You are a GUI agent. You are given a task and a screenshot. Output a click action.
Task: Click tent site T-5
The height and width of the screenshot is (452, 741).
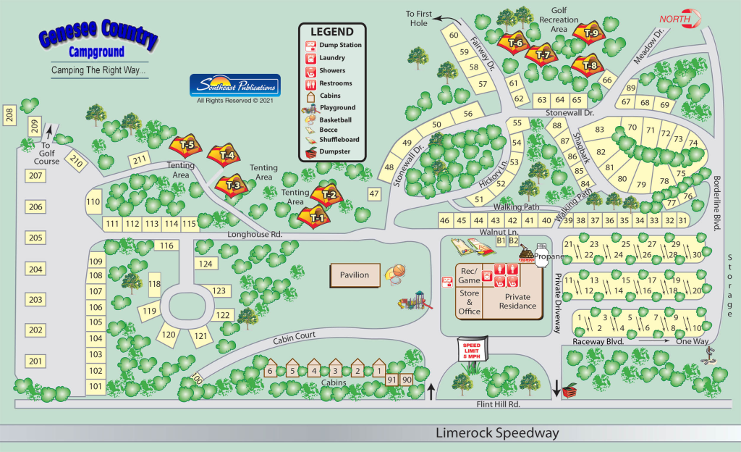tap(187, 145)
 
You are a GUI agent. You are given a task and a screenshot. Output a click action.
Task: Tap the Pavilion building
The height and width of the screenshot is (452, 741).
tap(355, 275)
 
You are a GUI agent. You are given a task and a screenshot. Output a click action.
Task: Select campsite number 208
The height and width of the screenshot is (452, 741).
tap(9, 114)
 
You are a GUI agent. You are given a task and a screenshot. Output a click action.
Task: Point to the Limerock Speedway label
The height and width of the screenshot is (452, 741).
tap(497, 433)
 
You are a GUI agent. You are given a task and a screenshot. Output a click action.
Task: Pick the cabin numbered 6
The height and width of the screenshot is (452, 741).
tap(270, 370)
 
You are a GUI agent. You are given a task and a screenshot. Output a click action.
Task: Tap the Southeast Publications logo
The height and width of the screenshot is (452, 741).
tap(234, 85)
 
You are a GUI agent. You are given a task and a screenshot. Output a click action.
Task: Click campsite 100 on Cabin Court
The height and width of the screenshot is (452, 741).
tap(198, 379)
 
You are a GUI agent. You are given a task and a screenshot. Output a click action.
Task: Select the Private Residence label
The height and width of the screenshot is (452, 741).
tap(521, 301)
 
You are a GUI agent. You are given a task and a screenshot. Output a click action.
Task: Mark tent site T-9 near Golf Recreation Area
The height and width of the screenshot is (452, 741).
tap(591, 32)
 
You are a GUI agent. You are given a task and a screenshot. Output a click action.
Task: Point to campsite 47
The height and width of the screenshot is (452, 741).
tap(373, 193)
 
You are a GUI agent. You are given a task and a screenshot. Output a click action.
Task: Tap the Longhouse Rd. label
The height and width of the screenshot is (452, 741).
tap(255, 235)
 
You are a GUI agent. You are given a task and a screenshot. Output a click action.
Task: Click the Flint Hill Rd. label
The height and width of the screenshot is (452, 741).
tap(499, 404)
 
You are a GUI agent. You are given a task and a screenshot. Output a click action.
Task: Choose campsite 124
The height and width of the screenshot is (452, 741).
tap(206, 264)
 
